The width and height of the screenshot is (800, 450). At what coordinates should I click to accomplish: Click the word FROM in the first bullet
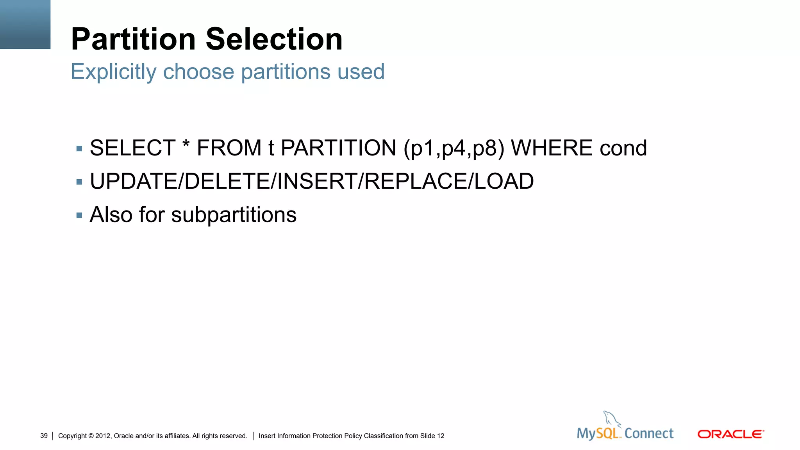tap(229, 148)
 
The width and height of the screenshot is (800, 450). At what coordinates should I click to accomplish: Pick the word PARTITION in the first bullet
tap(338, 148)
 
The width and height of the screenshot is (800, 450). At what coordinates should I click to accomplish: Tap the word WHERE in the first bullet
tap(552, 148)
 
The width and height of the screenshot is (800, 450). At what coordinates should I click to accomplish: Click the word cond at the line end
tap(623, 148)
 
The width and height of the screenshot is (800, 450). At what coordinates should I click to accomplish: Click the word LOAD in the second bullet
tap(504, 181)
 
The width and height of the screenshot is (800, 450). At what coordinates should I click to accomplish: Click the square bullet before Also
tap(79, 215)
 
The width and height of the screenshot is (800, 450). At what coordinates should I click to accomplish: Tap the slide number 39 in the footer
tap(44, 436)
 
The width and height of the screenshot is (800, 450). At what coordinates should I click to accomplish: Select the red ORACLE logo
tap(730, 434)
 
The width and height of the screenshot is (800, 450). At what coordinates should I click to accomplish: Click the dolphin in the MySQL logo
tap(611, 419)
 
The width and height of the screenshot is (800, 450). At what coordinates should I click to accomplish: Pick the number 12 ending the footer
tap(440, 436)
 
